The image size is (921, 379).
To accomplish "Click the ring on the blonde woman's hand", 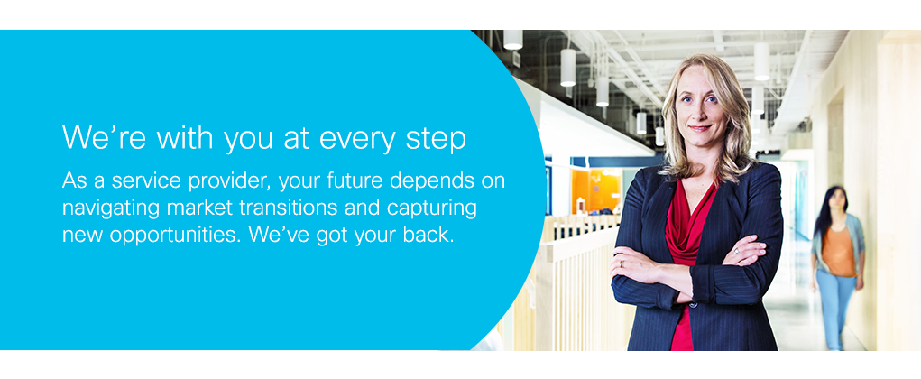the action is tap(737, 251).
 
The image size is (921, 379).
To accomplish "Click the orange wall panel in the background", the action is tap(595, 189).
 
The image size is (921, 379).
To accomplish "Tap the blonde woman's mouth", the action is tap(700, 127).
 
